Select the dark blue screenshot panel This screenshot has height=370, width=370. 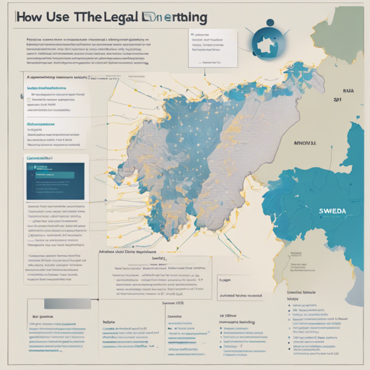[x=55, y=181]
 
